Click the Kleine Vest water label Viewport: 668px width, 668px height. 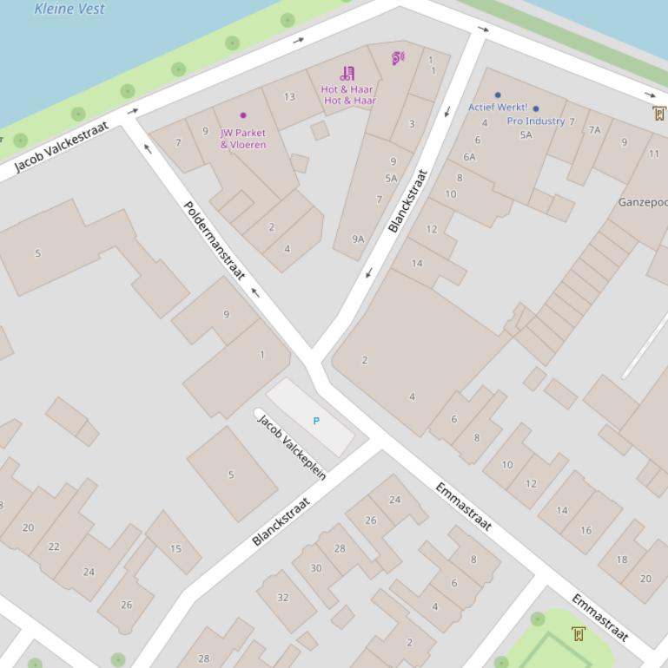tap(69, 9)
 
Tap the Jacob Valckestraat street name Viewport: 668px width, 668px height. tap(62, 147)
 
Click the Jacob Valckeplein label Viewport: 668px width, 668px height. tap(292, 448)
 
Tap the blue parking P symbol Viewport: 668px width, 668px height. tap(316, 421)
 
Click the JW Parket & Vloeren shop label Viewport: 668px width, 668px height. tap(243, 139)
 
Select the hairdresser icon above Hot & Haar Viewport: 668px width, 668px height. tap(347, 73)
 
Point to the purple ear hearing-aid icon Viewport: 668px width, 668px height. tap(398, 59)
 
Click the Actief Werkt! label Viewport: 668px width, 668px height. tap(498, 108)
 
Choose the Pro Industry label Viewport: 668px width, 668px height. tap(536, 121)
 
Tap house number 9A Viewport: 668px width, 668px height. tap(358, 239)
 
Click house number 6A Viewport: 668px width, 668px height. tap(469, 157)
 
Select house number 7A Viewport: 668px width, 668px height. tap(594, 130)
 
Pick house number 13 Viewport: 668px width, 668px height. tap(289, 97)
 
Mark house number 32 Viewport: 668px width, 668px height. tap(283, 598)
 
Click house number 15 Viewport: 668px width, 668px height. tap(175, 548)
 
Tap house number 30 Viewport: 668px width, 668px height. tap(316, 568)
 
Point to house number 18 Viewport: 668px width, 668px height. tap(622, 560)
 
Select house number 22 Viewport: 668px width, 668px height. tap(54, 547)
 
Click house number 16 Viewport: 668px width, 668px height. tap(586, 530)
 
